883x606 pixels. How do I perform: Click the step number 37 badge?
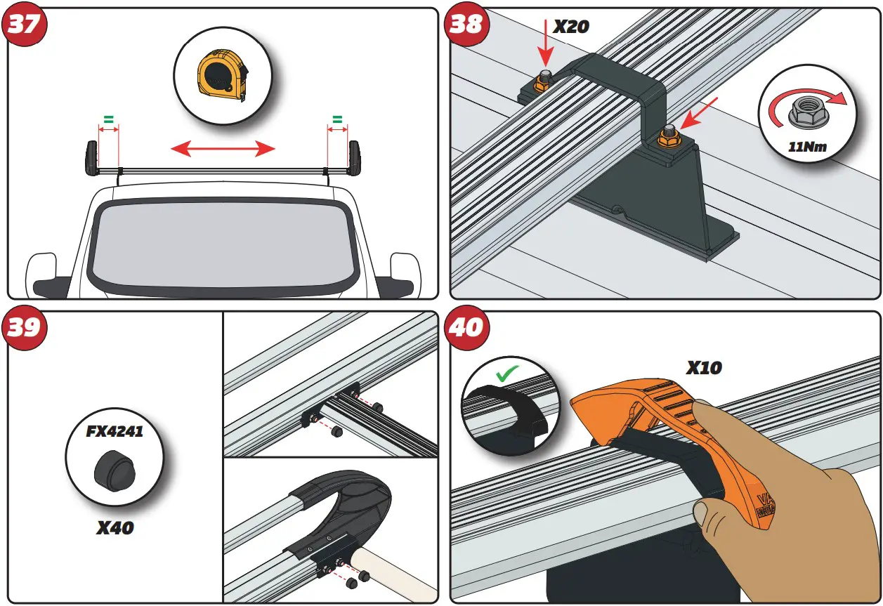pyautogui.click(x=25, y=25)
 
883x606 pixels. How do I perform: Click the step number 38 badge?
pyautogui.click(x=466, y=25)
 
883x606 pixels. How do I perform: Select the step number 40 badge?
pyautogui.click(x=466, y=328)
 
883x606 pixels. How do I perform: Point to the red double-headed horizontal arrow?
pyautogui.click(x=223, y=148)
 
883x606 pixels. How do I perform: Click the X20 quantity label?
pyautogui.click(x=571, y=27)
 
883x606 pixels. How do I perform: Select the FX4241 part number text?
pyautogui.click(x=115, y=431)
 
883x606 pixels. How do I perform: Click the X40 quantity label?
pyautogui.click(x=115, y=527)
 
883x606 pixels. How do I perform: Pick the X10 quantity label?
pyautogui.click(x=704, y=367)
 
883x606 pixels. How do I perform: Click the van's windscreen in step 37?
pyautogui.click(x=223, y=246)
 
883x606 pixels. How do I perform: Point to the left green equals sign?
pyautogui.click(x=109, y=119)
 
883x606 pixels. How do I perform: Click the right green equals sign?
pyautogui.click(x=337, y=119)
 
